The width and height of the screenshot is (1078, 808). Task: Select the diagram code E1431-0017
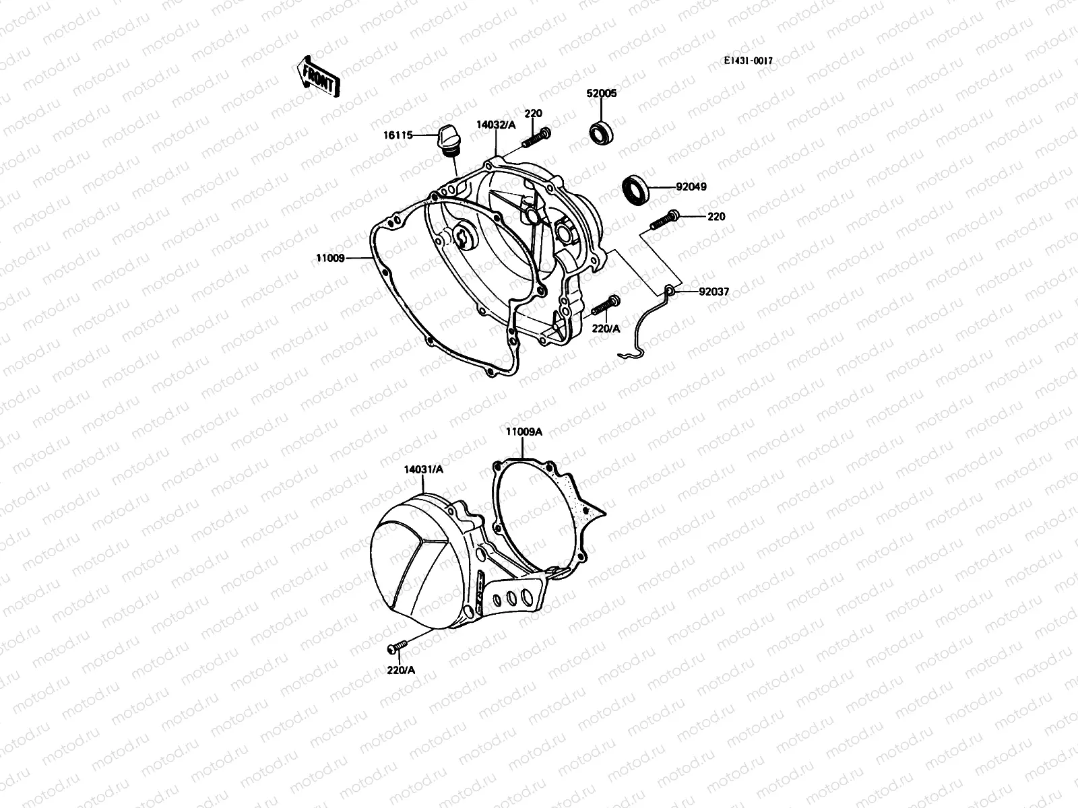(748, 61)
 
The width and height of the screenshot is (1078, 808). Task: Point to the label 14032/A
(496, 125)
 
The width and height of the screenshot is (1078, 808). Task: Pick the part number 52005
(602, 94)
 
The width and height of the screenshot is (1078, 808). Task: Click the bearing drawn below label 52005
(603, 131)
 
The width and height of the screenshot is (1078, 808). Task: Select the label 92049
(692, 187)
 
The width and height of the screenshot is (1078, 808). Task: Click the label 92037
(714, 292)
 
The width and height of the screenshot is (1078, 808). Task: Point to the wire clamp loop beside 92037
(669, 291)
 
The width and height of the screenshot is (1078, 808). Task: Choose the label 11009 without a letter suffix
(331, 258)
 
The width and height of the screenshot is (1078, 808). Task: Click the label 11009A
(524, 432)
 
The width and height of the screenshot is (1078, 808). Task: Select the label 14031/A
(424, 470)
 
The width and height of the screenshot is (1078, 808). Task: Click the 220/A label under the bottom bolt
(402, 671)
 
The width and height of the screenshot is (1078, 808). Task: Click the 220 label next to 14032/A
(534, 114)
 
